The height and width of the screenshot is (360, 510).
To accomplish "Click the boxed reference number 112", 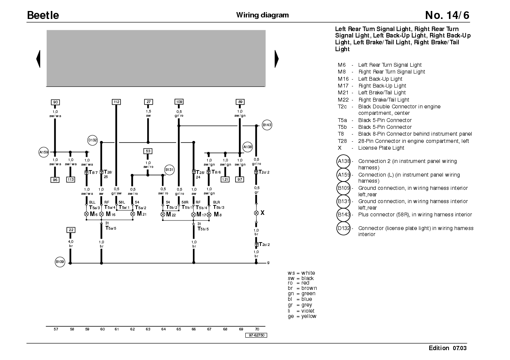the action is coord(116,102).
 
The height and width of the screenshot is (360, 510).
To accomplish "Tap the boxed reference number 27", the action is coord(148,102).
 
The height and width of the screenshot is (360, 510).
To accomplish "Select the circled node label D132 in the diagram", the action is coord(93,140).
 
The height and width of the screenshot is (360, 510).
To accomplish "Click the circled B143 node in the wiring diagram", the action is coord(267,125).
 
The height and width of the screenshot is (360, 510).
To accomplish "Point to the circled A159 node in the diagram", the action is coord(44,152).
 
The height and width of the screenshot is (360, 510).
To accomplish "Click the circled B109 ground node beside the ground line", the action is coord(60,262).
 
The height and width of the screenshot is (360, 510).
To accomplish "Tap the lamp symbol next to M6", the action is coord(86,214).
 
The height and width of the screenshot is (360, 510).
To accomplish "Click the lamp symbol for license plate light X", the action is coord(256,213).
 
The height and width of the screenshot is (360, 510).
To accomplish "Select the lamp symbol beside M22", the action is coord(163,214).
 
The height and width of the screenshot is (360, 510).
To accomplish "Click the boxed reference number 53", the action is coord(148,151).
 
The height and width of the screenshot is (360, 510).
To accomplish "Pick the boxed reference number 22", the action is coord(71,230).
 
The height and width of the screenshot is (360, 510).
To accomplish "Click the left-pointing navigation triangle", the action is coord(38,59).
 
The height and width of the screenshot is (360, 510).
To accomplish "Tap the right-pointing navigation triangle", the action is coord(277,59).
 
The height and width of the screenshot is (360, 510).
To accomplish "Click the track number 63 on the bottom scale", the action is coord(148,329).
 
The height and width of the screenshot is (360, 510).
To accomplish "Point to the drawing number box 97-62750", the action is coord(256,335).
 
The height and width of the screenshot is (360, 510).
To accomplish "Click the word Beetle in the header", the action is coord(43,15).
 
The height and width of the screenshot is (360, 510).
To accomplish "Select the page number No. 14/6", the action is coord(447,15).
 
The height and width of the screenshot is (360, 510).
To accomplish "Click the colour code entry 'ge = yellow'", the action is coord(302,316).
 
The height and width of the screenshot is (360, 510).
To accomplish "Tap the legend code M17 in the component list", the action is coord(343,86).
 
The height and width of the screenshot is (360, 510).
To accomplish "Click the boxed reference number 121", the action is coord(225,179).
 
